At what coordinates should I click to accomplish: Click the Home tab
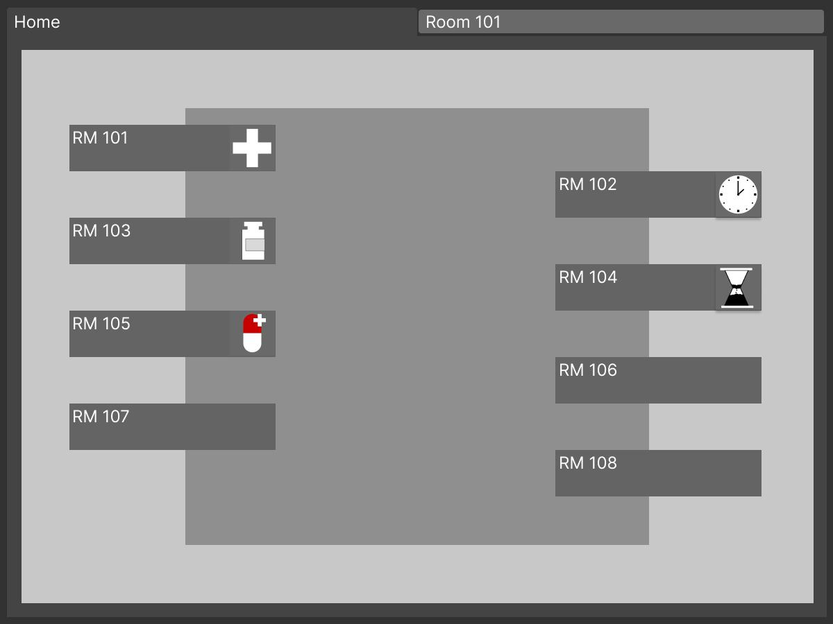pos(208,22)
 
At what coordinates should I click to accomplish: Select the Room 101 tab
pos(621,22)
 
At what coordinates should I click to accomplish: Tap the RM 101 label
pos(101,138)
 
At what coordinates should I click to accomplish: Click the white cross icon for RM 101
pos(252,148)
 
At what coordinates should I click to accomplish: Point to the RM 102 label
pos(588,184)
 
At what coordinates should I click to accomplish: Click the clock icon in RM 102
pos(738,195)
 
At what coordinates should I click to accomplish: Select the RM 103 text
pos(101,231)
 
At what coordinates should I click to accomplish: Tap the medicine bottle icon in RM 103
pos(253,241)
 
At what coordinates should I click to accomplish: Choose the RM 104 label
pos(588,277)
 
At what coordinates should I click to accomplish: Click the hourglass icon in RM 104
pos(738,287)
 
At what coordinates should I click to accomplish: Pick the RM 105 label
pos(101,324)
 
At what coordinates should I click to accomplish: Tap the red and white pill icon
pos(253,333)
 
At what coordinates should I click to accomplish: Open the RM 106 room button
pos(658,380)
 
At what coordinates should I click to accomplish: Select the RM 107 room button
pos(172,426)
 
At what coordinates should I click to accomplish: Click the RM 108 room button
pos(658,473)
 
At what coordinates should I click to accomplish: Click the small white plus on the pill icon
pos(260,320)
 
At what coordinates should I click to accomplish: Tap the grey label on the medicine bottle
pos(255,245)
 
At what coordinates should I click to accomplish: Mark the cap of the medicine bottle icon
pos(253,225)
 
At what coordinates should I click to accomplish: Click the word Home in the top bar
pos(37,22)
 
